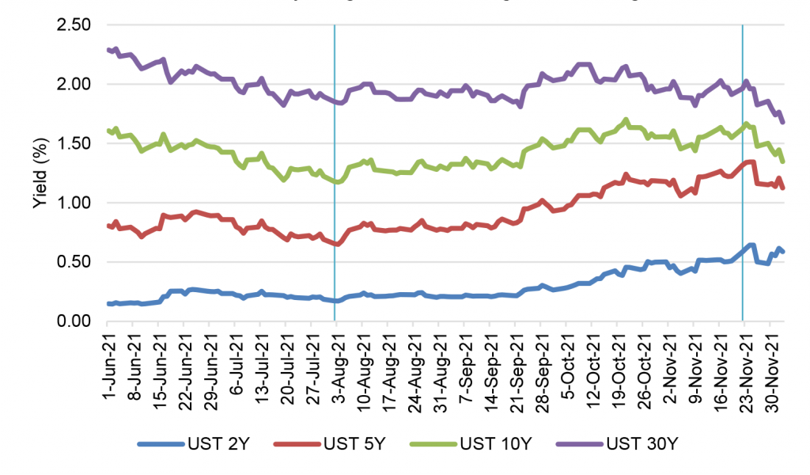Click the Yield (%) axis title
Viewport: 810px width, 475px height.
[x=38, y=173]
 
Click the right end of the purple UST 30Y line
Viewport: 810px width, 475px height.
[x=783, y=122]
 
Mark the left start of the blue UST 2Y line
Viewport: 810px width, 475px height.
[x=108, y=304]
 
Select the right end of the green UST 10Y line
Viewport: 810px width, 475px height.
[x=783, y=161]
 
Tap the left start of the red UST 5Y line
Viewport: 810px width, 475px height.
[x=108, y=226]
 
